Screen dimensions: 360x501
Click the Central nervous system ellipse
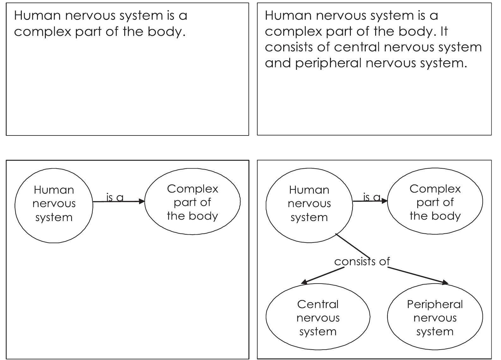pos(318,317)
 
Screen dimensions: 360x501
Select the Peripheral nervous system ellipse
pos(435,317)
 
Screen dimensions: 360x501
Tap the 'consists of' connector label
pos(362,261)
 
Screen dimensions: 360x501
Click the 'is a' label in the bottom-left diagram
pos(115,197)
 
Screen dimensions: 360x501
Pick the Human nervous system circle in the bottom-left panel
pos(54,205)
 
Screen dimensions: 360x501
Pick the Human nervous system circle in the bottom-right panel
pos(309,205)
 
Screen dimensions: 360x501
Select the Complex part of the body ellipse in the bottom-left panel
pos(192,202)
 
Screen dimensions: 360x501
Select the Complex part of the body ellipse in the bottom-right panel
pos(435,202)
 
